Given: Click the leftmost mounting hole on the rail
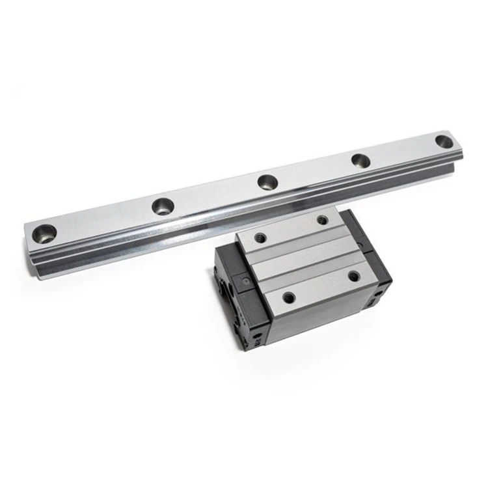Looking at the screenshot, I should pos(45,233).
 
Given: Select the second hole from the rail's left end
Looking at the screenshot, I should pos(162,206).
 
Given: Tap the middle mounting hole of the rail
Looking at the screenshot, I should pos(267,182).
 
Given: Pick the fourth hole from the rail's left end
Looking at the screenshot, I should pos(360,160).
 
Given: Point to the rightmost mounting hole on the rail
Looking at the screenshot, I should pos(444,141).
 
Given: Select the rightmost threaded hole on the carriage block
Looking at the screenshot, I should pos(354,276).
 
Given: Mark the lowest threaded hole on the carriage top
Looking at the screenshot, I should pos(289,298).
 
